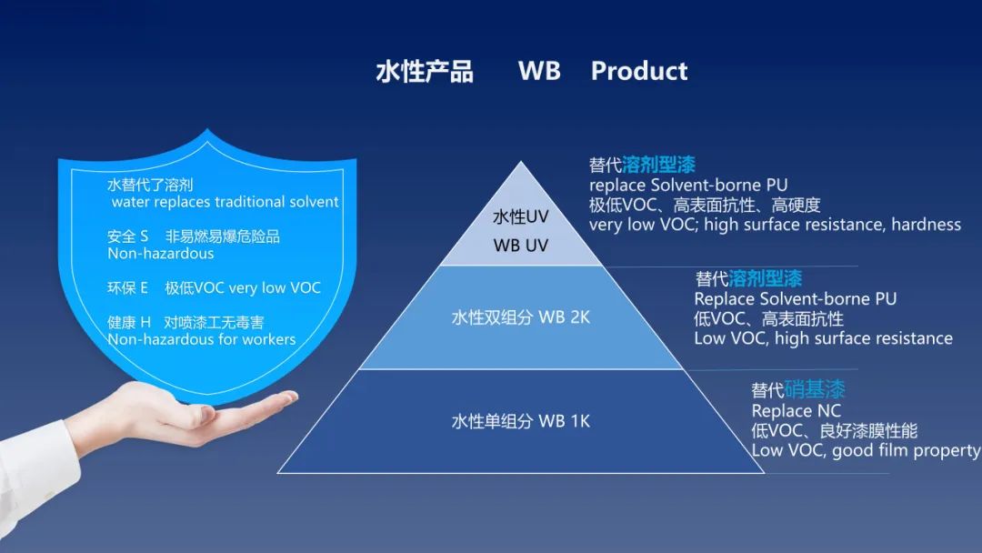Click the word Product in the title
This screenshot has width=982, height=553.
[x=639, y=71]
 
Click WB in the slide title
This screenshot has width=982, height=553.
[x=539, y=71]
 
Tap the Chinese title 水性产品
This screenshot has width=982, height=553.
[x=425, y=71]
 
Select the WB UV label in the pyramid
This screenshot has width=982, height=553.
[x=520, y=245]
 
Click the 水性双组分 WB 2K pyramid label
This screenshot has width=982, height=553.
[x=520, y=317]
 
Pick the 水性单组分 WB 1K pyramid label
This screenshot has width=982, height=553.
[x=520, y=421]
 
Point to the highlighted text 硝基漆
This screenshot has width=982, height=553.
[x=814, y=389]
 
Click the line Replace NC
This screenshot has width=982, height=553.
[x=796, y=411]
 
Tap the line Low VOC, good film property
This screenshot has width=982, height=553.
[x=866, y=450]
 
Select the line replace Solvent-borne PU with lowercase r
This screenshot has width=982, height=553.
[x=688, y=186]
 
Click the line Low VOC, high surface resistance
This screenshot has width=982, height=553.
[x=823, y=338]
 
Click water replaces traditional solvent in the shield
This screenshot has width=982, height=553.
[x=225, y=202]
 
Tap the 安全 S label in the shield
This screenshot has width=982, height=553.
[x=128, y=236]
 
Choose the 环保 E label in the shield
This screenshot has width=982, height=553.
[x=128, y=287]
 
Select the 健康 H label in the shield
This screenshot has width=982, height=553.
[x=129, y=322]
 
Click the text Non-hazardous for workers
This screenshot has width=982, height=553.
[x=202, y=339]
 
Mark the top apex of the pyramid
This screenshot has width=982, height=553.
[x=520, y=162]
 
